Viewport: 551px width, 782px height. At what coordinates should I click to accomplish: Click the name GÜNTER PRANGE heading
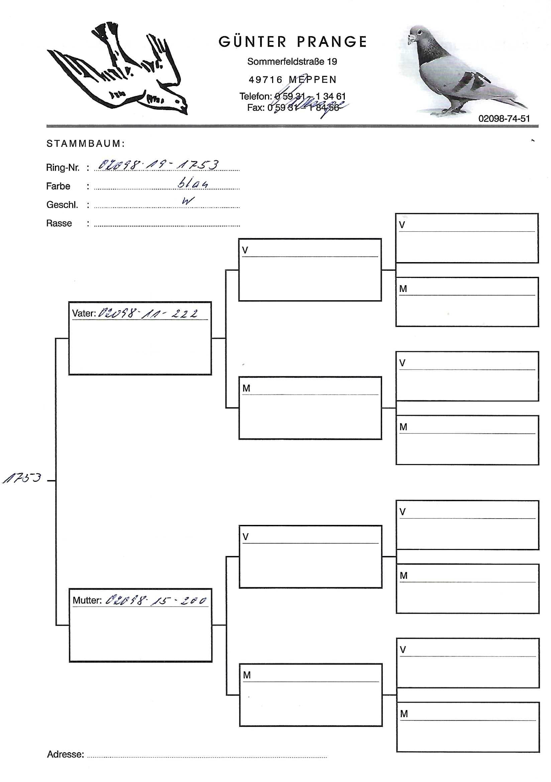pyautogui.click(x=293, y=42)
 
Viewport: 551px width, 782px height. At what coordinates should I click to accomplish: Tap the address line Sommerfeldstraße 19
pyautogui.click(x=292, y=62)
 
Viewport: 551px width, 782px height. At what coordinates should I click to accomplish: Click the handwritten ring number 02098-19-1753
pyautogui.click(x=158, y=165)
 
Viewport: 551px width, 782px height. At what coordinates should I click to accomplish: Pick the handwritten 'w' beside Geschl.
pyautogui.click(x=188, y=201)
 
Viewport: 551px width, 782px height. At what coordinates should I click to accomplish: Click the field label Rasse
pyautogui.click(x=59, y=223)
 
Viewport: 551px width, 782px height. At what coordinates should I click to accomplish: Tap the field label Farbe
pyautogui.click(x=58, y=186)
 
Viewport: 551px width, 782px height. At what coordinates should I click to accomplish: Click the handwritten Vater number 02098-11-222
pyautogui.click(x=148, y=313)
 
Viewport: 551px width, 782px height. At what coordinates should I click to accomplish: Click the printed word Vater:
pyautogui.click(x=84, y=313)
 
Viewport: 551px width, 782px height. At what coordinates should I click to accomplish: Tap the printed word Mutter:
pyautogui.click(x=87, y=601)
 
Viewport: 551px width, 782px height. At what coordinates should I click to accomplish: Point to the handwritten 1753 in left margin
pyautogui.click(x=22, y=478)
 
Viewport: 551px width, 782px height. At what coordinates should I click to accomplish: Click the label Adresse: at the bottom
pyautogui.click(x=65, y=754)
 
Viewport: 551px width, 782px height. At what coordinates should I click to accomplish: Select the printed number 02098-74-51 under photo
pyautogui.click(x=504, y=119)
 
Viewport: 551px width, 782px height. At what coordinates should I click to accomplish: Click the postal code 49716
pyautogui.click(x=265, y=80)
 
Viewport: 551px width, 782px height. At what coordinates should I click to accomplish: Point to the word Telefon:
pyautogui.click(x=255, y=96)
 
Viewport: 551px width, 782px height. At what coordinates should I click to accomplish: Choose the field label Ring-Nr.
pyautogui.click(x=63, y=168)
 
